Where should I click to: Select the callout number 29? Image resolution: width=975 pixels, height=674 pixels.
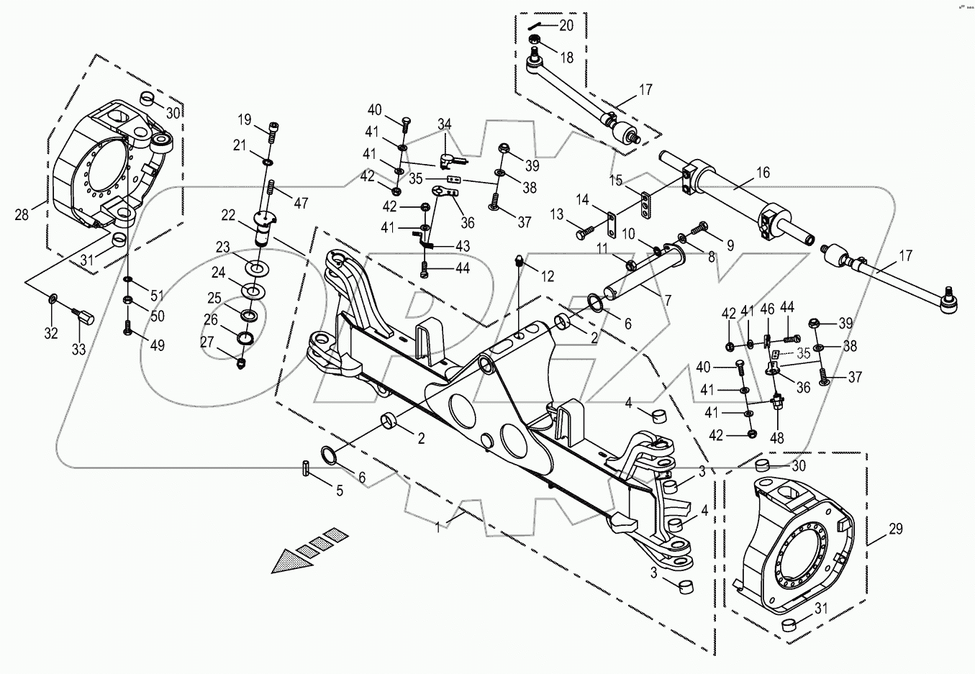click(895, 529)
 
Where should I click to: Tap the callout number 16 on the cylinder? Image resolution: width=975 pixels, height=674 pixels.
click(763, 173)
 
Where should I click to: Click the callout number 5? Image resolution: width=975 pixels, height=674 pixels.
click(340, 491)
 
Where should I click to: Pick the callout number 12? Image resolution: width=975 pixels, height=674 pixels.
click(547, 276)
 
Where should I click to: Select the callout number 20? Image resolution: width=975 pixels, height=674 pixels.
click(566, 25)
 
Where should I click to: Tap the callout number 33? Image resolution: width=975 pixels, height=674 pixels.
click(78, 350)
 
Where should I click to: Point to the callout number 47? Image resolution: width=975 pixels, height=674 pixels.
click(300, 204)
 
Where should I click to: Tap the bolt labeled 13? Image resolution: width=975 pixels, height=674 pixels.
click(583, 234)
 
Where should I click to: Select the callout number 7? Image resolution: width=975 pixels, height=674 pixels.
click(668, 300)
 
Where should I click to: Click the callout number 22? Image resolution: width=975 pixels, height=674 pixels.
click(228, 215)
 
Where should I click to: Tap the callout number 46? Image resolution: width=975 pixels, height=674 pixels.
click(767, 310)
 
